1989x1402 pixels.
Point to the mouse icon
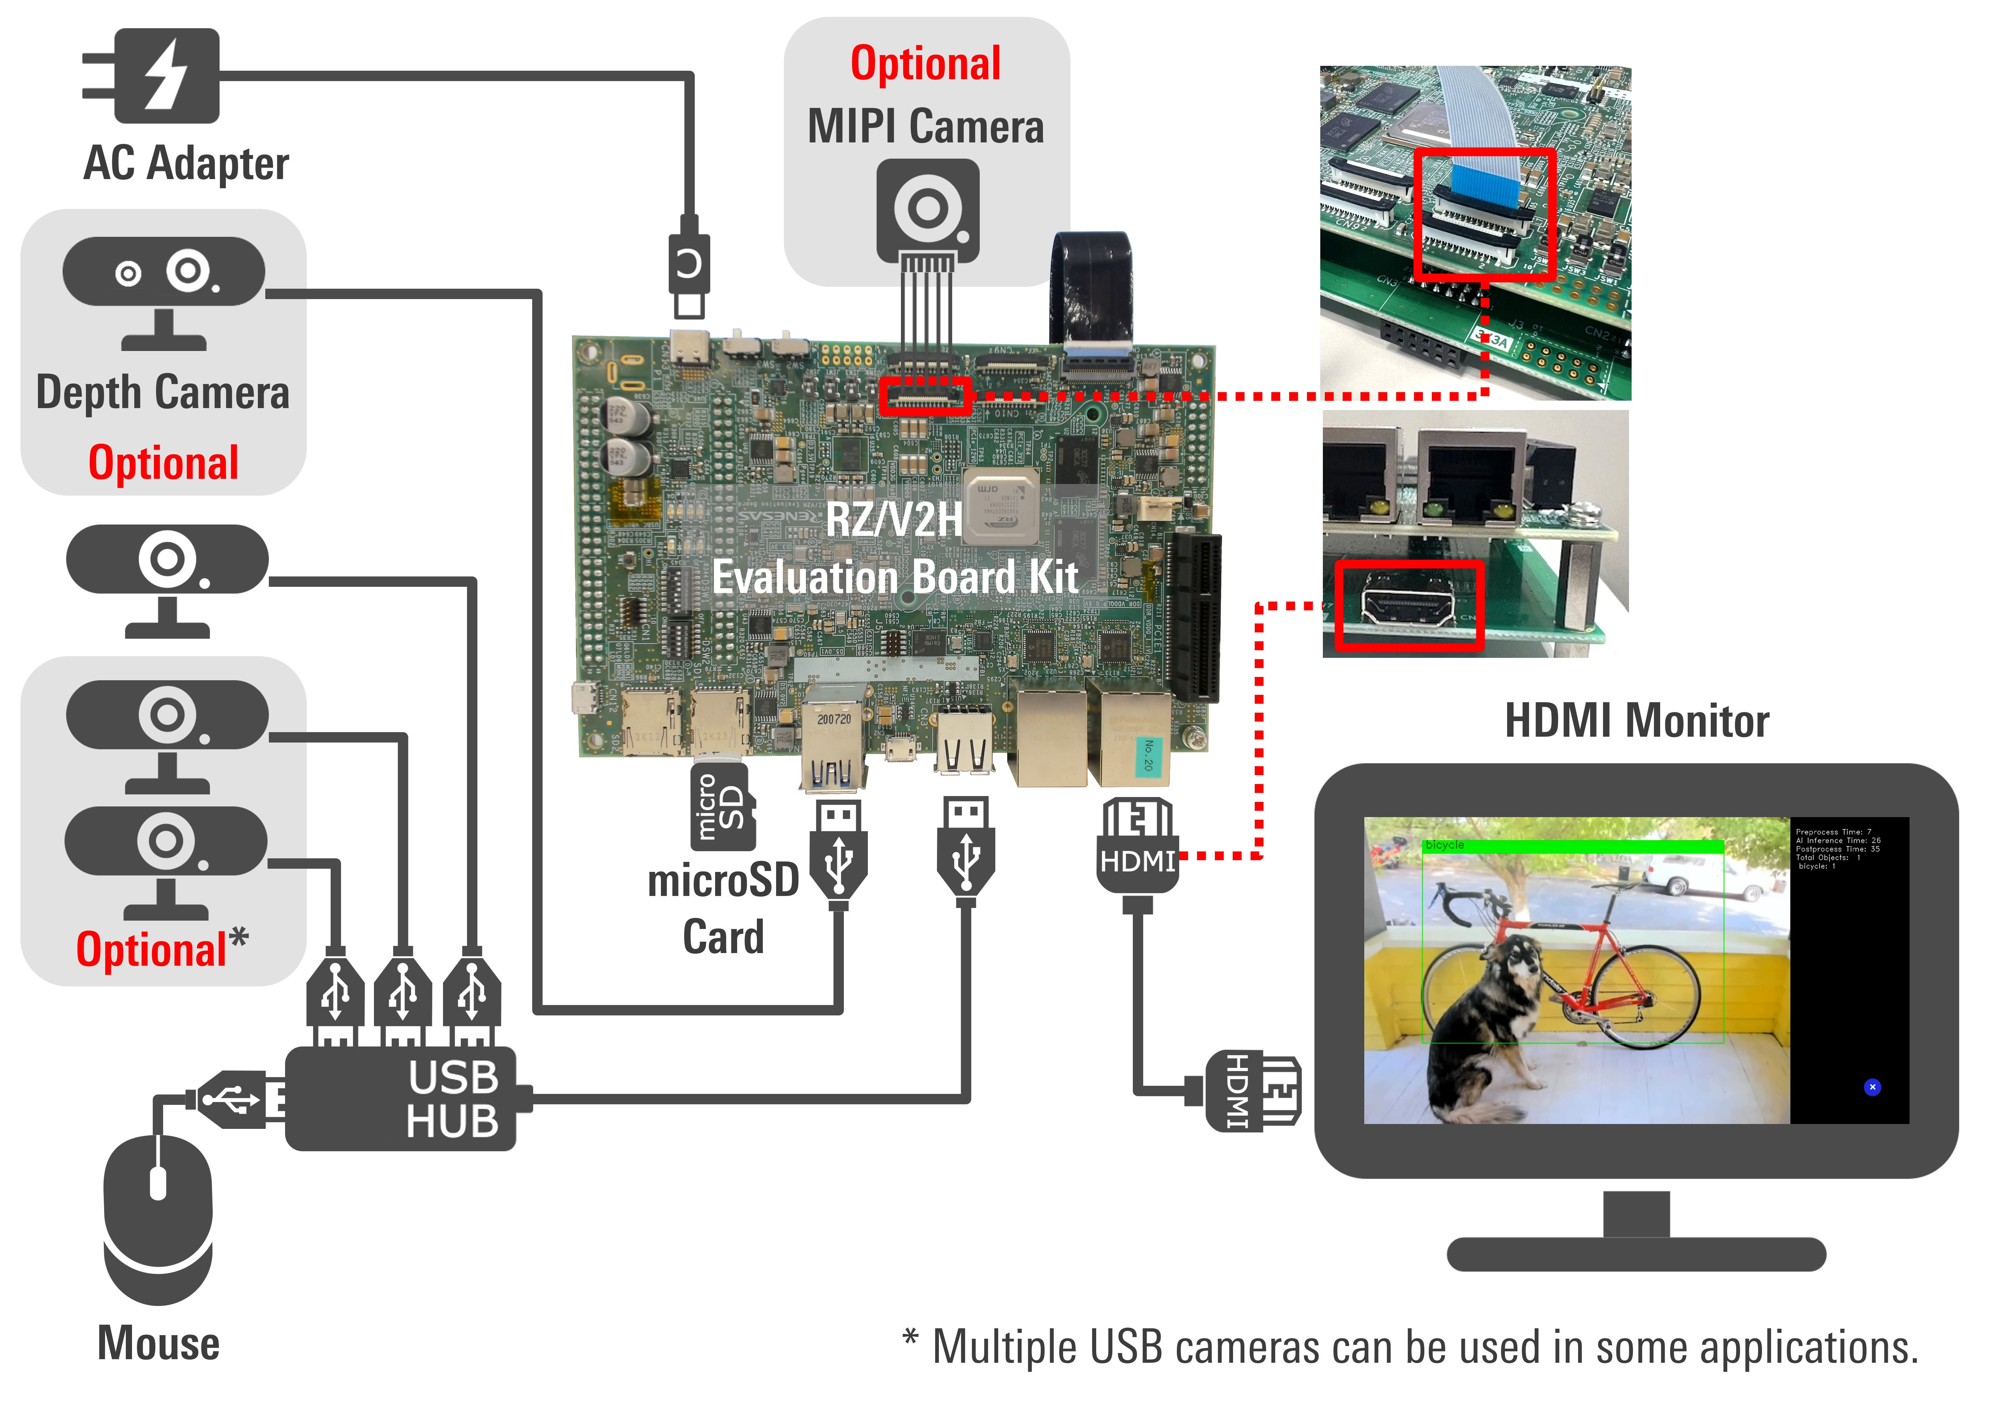(158, 1217)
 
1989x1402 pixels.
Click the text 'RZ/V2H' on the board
(894, 520)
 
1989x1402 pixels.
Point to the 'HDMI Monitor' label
(1636, 721)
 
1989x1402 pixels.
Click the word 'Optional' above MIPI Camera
(925, 63)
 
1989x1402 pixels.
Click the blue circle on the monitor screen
(1872, 1087)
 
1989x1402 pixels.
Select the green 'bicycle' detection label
(1445, 845)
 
